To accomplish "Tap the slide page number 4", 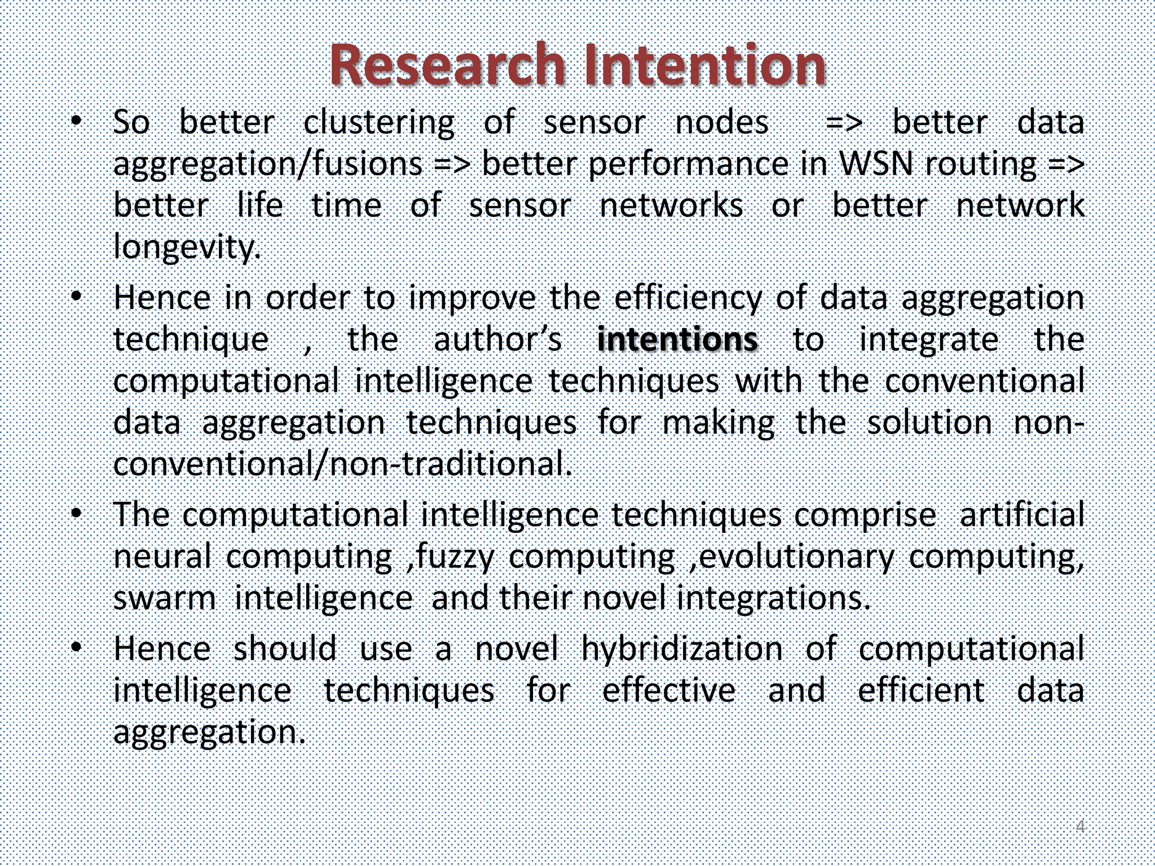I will click(1080, 827).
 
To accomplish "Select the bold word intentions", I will click(677, 339).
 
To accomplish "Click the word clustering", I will click(378, 123).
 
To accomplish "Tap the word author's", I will click(497, 339).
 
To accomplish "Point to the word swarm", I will click(164, 598).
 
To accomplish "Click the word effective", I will click(669, 690).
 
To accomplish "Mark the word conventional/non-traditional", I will click(342, 463).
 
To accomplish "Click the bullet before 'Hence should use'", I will click(77, 647).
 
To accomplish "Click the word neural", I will click(162, 556).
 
